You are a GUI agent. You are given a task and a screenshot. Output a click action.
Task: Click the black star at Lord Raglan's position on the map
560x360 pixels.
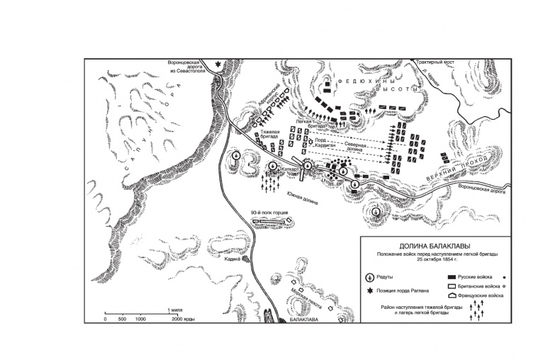coord(218,64)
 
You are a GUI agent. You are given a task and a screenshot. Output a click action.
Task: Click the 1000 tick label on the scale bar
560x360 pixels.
coord(140,319)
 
